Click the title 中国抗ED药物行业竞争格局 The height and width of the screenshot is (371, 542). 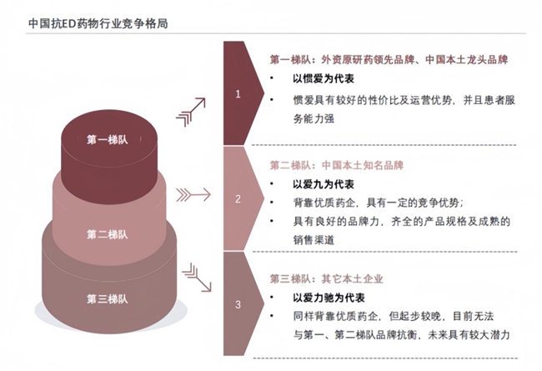pyautogui.click(x=98, y=23)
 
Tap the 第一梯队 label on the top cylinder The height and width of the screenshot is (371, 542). pyautogui.click(x=108, y=140)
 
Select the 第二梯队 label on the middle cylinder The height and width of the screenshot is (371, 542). pyautogui.click(x=108, y=234)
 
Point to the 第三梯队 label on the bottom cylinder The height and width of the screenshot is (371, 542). pyautogui.click(x=108, y=298)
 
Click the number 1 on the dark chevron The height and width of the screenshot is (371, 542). pyautogui.click(x=238, y=94)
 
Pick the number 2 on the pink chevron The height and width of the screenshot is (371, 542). pyautogui.click(x=238, y=198)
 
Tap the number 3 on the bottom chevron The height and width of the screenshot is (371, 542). pyautogui.click(x=238, y=304)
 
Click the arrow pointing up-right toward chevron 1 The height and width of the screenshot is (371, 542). pyautogui.click(x=191, y=112)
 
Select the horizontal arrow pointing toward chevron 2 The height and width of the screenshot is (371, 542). pyautogui.click(x=193, y=194)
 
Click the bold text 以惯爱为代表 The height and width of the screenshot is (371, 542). pyautogui.click(x=324, y=79)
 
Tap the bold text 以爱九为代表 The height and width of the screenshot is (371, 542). pyautogui.click(x=324, y=184)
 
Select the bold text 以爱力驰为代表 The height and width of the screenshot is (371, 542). pyautogui.click(x=329, y=298)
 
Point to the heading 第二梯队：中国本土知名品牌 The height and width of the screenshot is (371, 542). pyautogui.click(x=337, y=165)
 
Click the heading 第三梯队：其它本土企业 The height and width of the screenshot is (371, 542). pyautogui.click(x=326, y=278)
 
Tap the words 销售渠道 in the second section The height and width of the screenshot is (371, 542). pyautogui.click(x=314, y=239)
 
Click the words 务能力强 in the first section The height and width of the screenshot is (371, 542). pyautogui.click(x=314, y=118)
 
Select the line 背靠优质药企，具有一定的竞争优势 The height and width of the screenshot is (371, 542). pyautogui.click(x=376, y=203)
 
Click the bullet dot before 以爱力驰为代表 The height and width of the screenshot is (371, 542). pyautogui.click(x=272, y=298)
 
